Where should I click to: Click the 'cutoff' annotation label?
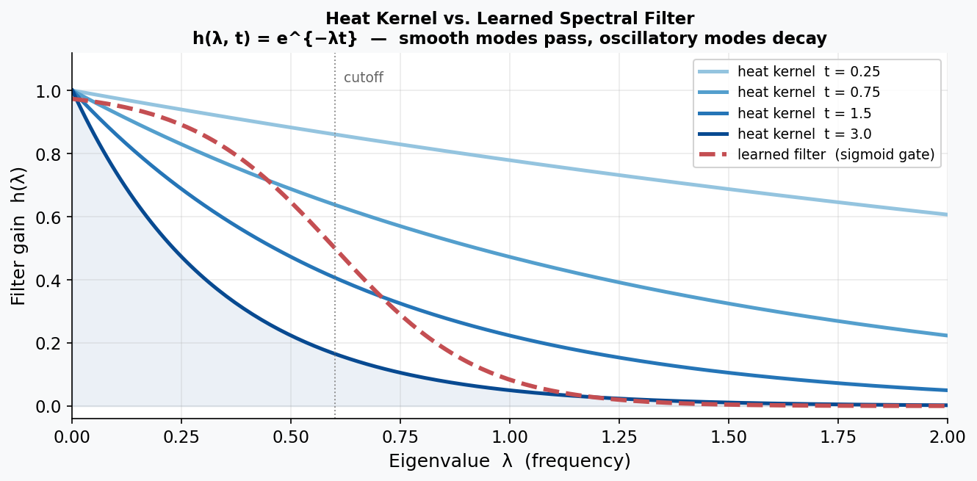click(x=364, y=78)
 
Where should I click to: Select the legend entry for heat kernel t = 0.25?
click(x=808, y=72)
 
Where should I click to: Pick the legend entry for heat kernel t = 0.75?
click(x=808, y=93)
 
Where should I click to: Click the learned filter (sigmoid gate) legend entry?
click(x=835, y=155)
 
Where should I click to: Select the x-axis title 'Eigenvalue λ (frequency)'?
click(x=509, y=461)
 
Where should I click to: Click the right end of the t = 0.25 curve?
click(x=946, y=214)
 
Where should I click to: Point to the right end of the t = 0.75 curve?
click(x=946, y=336)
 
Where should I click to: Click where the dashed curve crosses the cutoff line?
click(x=335, y=248)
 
